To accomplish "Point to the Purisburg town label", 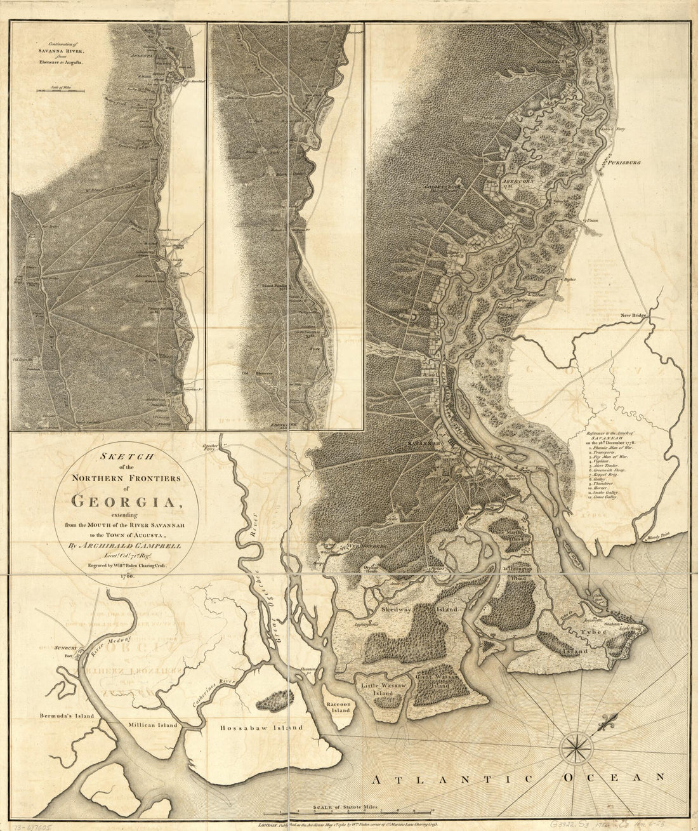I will pyautogui.click(x=624, y=163).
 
